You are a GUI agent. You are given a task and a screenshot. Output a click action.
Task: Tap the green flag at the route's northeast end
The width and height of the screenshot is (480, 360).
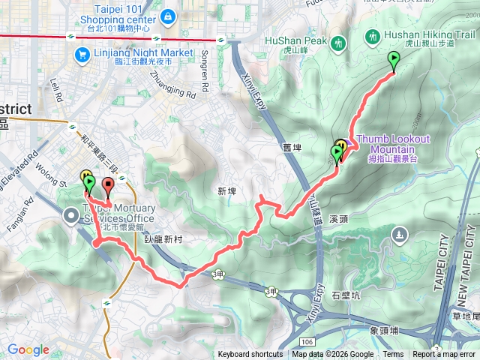pos(394,60)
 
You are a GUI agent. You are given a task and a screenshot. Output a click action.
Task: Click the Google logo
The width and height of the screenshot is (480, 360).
pos(28,349)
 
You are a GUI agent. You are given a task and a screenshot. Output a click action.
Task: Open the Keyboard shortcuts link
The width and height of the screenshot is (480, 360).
pos(250,355)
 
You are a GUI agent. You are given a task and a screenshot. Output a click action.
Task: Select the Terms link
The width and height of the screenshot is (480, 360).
pos(393,355)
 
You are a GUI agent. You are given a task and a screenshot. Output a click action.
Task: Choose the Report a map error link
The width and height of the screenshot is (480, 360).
pos(445,355)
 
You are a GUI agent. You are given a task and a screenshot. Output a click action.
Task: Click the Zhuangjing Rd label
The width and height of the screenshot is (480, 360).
pos(172,83)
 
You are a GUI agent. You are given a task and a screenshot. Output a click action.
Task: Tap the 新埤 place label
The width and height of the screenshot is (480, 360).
pos(226,192)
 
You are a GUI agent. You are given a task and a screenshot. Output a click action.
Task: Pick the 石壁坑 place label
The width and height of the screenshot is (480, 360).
pos(346,295)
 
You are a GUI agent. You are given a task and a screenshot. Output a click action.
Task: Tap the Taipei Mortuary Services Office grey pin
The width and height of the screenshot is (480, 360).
pos(72,216)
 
